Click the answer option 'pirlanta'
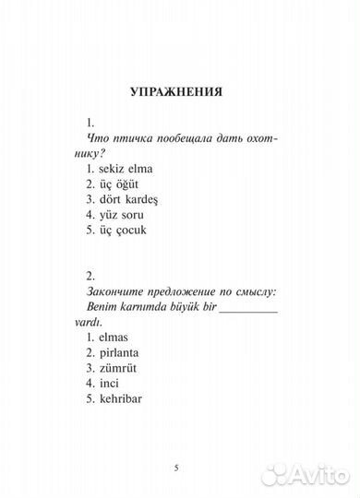click(127, 359)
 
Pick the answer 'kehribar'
click(128, 419)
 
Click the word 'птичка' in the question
click(135, 136)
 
